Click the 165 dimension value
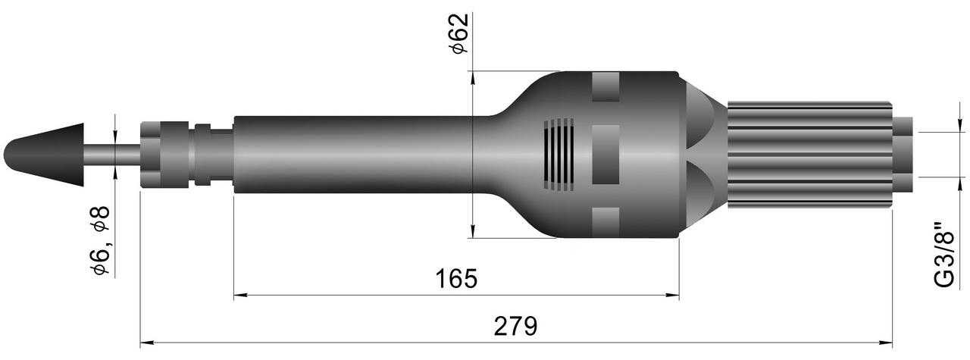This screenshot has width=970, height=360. tap(456, 279)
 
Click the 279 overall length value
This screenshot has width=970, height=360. tap(515, 326)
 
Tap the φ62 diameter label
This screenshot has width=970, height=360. tap(459, 33)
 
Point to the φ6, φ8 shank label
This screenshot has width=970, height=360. tap(100, 240)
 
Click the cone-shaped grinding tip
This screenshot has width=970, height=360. tap(43, 155)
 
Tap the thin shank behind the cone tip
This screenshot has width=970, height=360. tap(111, 154)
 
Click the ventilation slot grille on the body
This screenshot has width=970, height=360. tap(559, 155)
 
